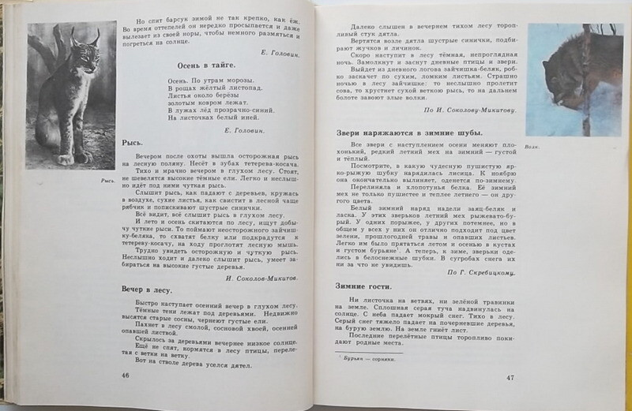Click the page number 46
tap(125, 373)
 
